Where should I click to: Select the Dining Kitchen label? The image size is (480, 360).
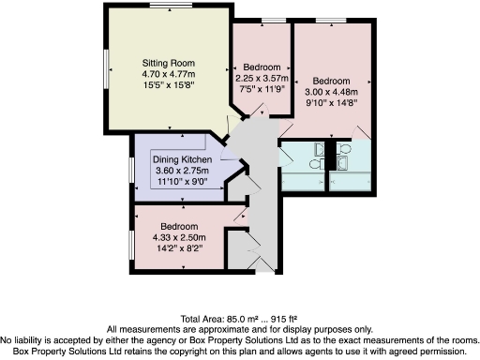pos(178,159)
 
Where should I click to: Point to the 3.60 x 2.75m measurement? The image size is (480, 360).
pos(178,170)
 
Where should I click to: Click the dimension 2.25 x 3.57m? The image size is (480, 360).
pos(262,79)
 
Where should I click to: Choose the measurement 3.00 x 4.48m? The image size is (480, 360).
pos(332,92)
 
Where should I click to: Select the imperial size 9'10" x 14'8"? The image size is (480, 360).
pos(332,103)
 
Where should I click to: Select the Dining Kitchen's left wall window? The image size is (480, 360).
pos(131,168)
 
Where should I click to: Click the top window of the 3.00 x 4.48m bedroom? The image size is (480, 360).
pos(329,21)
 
